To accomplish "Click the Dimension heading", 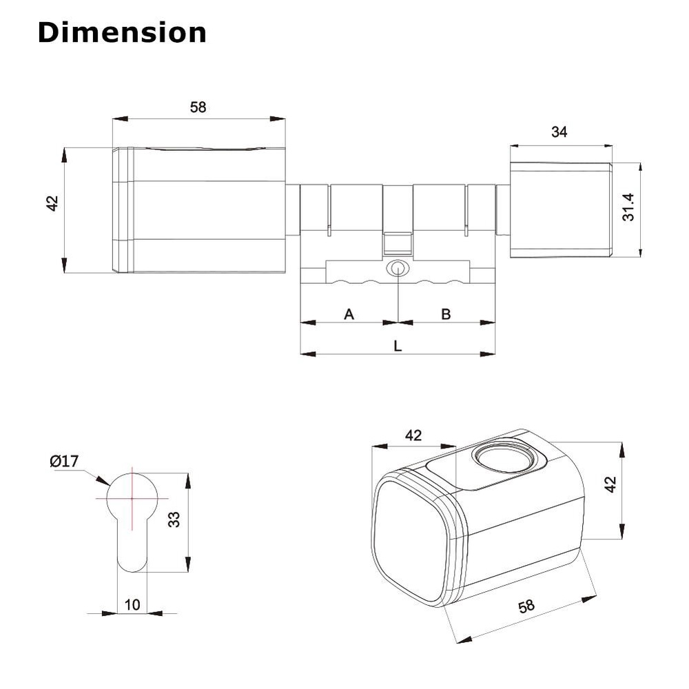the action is (122, 32).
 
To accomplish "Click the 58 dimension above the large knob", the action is (198, 107).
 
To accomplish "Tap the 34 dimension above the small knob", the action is (559, 132).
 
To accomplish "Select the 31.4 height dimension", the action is (629, 207).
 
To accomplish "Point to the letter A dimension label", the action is (349, 314).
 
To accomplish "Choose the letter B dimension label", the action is (446, 314).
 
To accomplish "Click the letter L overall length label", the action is (398, 347).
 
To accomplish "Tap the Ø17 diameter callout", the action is (64, 461).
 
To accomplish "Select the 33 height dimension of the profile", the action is (174, 520).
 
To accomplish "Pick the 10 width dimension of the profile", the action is (132, 605).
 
